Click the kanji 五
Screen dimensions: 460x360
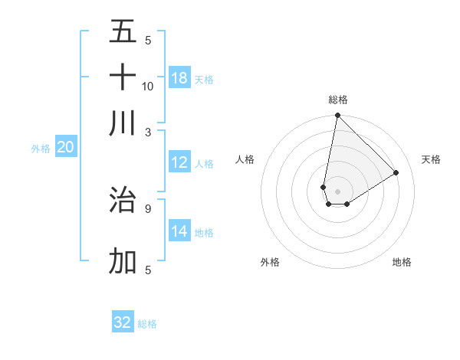pos(123,31)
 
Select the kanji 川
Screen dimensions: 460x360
pos(123,123)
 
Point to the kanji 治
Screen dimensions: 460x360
pos(123,199)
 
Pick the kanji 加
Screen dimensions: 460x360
pos(123,261)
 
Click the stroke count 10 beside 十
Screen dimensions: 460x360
pos(148,86)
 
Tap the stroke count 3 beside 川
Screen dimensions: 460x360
pos(148,132)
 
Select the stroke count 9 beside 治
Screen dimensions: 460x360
pos(148,208)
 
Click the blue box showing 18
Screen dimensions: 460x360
pos(179,78)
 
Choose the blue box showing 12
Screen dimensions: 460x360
pos(179,162)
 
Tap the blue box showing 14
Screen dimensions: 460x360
pos(179,231)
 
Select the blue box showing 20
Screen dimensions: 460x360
pos(65,148)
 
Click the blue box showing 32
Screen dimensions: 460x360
pos(123,322)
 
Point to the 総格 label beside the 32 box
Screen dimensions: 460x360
pos(147,324)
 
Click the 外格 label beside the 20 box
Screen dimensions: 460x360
pos(40,149)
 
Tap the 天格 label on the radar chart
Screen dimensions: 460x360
pos(431,159)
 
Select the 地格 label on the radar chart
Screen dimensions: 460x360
pos(402,262)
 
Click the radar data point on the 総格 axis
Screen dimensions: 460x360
pos(337,116)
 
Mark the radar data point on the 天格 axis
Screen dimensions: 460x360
pos(396,172)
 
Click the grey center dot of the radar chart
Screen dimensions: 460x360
pos(337,191)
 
